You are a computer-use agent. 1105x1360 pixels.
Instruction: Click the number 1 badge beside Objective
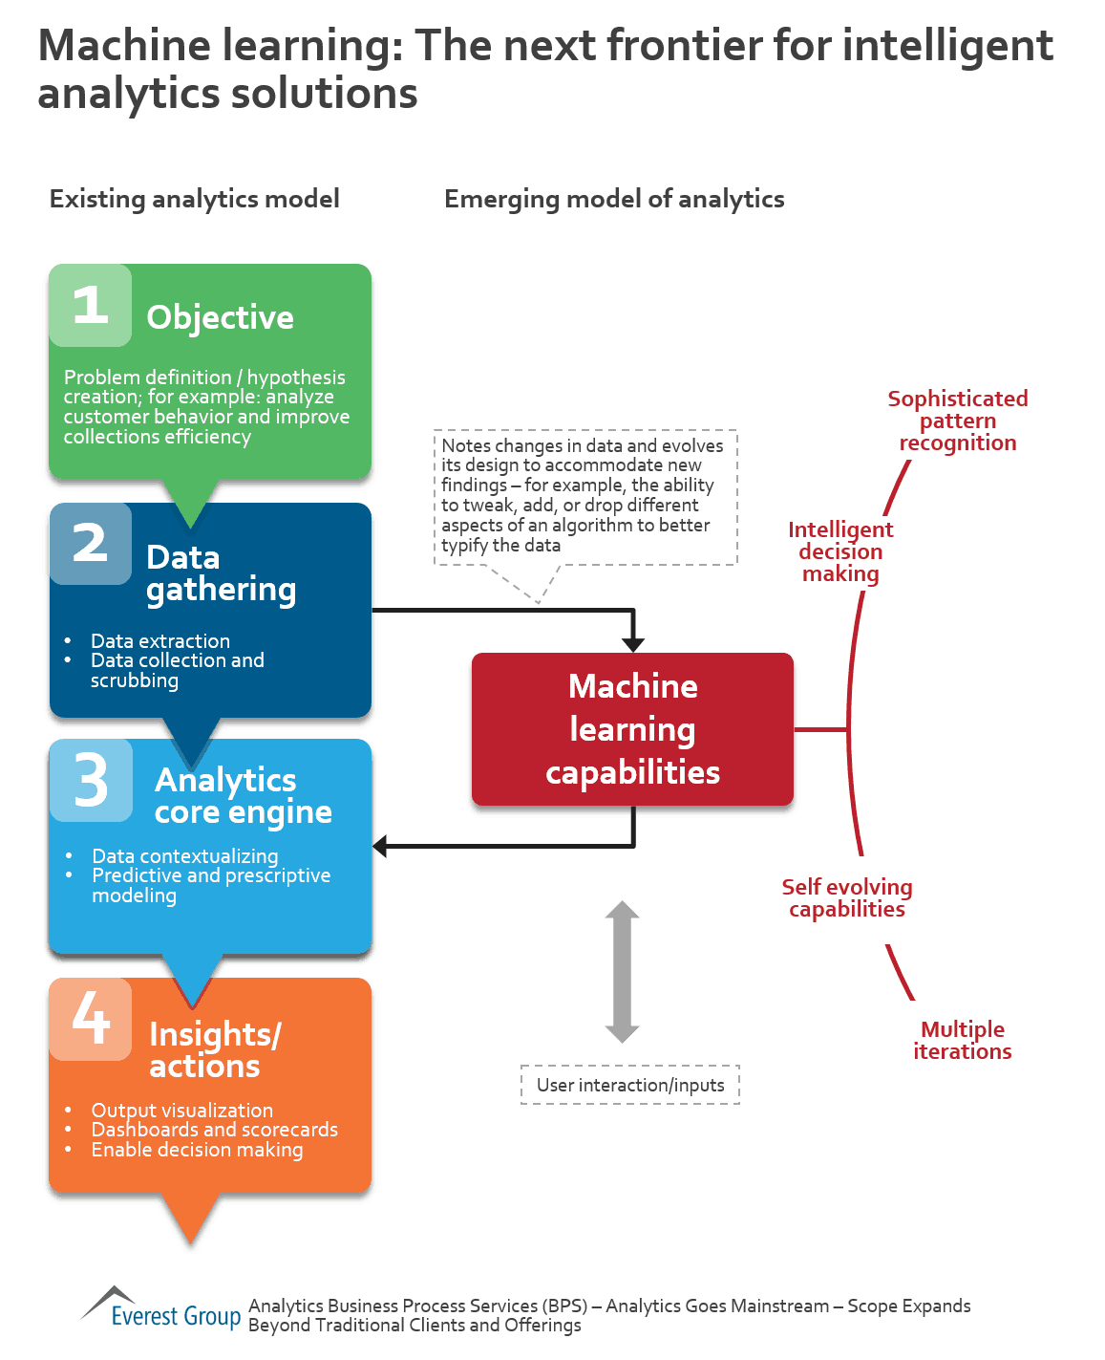pyautogui.click(x=91, y=306)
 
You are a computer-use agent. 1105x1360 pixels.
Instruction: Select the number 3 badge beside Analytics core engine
pyautogui.click(x=92, y=780)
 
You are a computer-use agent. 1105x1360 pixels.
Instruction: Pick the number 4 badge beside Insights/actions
pyautogui.click(x=91, y=1019)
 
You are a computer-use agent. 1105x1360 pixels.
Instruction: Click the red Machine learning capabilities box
pyautogui.click(x=632, y=729)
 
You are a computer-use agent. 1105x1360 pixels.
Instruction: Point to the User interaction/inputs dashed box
pyautogui.click(x=630, y=1085)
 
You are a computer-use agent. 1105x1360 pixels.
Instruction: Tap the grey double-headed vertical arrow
pyautogui.click(x=622, y=971)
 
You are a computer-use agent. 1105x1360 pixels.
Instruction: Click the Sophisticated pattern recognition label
pyautogui.click(x=958, y=421)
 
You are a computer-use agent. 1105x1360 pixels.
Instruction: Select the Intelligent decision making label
pyautogui.click(x=840, y=551)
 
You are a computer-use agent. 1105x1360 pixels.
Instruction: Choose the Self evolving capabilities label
pyautogui.click(x=847, y=898)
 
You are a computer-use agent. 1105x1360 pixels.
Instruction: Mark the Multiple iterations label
pyautogui.click(x=963, y=1040)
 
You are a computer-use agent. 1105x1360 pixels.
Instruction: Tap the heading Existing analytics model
pyautogui.click(x=195, y=199)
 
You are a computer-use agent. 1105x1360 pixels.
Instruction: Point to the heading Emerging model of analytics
pyautogui.click(x=614, y=199)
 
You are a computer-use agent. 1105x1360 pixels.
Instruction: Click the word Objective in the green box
pyautogui.click(x=220, y=317)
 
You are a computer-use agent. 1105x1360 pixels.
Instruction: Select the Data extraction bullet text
pyautogui.click(x=160, y=640)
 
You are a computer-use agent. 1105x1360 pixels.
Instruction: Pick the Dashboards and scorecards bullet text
pyautogui.click(x=215, y=1130)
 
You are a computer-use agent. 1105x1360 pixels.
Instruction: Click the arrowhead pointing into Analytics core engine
pyautogui.click(x=380, y=846)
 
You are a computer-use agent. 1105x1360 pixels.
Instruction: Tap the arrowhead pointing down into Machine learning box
pyautogui.click(x=632, y=645)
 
